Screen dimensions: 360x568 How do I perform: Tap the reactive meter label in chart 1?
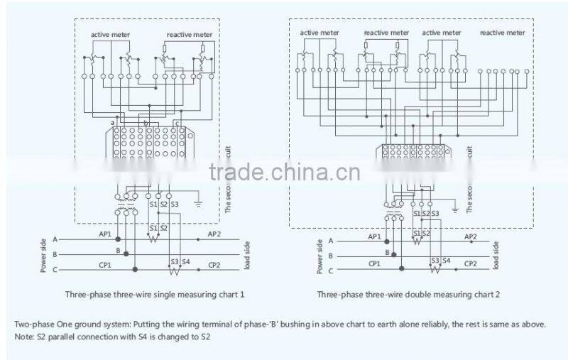pyautogui.click(x=190, y=34)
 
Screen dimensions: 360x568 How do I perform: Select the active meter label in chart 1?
pyautogui.click(x=109, y=34)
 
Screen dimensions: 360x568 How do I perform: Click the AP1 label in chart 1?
pyautogui.click(x=104, y=233)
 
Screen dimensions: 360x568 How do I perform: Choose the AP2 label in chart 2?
pyautogui.click(x=470, y=236)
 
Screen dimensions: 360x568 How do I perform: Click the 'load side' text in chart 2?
pyautogui.click(x=496, y=253)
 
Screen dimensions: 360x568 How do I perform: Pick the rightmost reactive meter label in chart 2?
pyautogui.click(x=503, y=33)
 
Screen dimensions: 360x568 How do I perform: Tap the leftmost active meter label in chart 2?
pyautogui.click(x=319, y=33)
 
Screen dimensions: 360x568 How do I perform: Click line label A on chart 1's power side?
pyautogui.click(x=55, y=239)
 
